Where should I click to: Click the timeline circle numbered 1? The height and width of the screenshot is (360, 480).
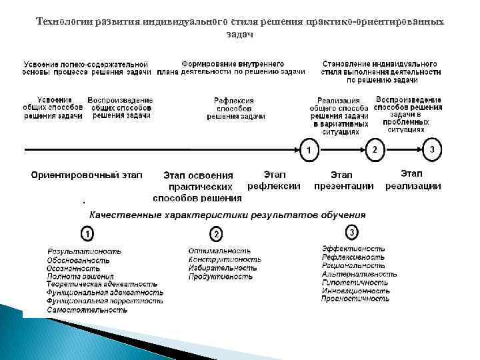pos(308,149)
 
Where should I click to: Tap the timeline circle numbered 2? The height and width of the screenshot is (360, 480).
pos(375,149)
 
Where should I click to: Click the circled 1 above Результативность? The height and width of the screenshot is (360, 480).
pos(87,234)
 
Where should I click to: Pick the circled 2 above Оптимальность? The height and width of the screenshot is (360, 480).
pos(217,234)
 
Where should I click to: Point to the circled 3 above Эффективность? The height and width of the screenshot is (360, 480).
pos(352,232)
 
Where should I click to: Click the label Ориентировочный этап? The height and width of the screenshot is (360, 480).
pos(87,175)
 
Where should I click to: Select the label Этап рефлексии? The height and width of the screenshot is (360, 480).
pos(274,180)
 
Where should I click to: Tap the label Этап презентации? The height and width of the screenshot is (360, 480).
pos(343,180)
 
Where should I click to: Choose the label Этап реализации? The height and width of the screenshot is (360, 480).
pos(413,180)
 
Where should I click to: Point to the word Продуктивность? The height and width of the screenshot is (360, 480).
pos(221,276)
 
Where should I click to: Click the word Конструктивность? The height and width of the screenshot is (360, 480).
pos(225,259)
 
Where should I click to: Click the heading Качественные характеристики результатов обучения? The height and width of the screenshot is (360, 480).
pos(228,215)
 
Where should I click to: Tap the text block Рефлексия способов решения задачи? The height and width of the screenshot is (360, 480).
pos(235,108)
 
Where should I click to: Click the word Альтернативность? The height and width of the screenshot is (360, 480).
pos(359,273)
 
